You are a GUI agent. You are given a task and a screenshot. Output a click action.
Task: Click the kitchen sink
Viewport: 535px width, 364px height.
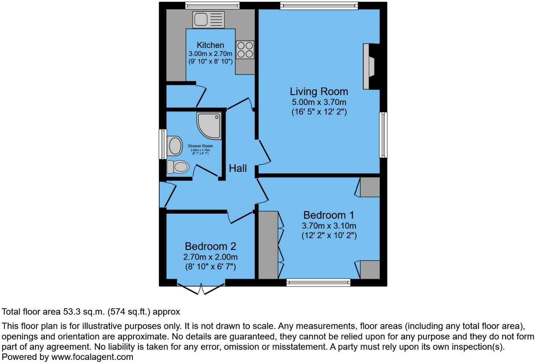point(209,19)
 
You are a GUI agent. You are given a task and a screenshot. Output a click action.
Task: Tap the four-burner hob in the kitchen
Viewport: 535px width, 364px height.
point(245,50)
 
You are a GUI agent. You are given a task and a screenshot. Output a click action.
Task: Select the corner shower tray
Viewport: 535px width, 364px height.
point(209,125)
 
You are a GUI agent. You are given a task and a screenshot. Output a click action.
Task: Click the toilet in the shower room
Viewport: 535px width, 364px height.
point(178,167)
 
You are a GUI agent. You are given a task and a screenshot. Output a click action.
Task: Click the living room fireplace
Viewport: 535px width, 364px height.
point(369,66)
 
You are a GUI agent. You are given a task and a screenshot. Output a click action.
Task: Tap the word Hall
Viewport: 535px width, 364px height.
point(238,168)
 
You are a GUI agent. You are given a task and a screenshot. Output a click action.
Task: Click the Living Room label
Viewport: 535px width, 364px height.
point(319,91)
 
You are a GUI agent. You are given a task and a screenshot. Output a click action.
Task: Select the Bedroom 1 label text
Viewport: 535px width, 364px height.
point(329,215)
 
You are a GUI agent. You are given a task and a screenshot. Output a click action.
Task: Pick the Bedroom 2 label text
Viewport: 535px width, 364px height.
point(210,247)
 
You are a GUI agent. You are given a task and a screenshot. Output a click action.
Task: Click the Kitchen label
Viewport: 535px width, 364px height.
point(210,45)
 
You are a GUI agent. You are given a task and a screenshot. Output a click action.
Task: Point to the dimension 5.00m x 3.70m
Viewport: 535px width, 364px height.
point(319,102)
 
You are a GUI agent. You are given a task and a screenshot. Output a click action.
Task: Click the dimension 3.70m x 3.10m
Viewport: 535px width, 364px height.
point(329,226)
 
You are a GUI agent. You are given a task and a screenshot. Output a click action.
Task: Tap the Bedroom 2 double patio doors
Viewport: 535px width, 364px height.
point(201,288)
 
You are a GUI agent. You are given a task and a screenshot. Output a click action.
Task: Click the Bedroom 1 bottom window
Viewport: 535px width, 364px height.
point(318,282)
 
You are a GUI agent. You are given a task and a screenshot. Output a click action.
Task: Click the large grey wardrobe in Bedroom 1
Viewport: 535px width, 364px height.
point(268,245)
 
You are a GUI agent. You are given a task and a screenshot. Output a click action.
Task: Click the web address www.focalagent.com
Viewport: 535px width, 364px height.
point(92,357)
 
